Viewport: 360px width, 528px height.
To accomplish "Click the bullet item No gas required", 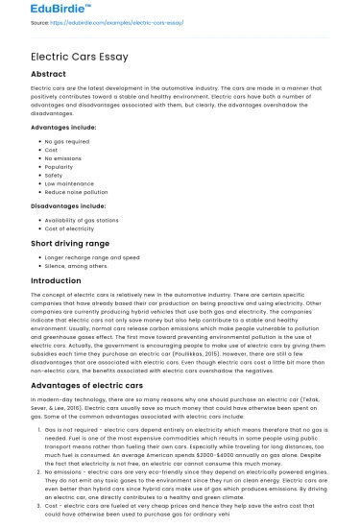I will point(67,141).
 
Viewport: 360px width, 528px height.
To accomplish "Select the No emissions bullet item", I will point(63,156).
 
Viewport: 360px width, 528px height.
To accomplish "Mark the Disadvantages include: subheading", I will point(68,204).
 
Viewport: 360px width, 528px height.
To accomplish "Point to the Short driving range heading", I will point(71,245).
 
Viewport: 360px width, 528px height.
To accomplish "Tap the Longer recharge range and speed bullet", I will point(90,258).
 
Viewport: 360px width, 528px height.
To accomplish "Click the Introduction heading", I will point(56,281).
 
